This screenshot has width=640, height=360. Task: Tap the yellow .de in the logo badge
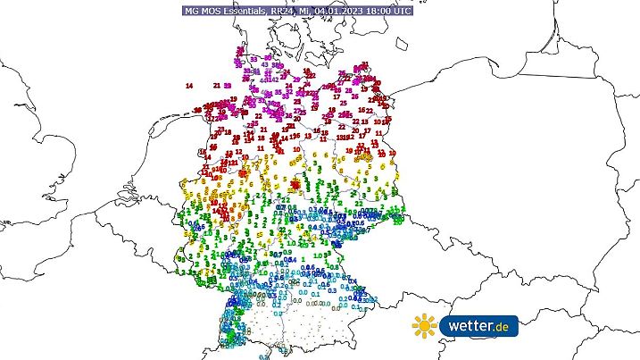(503, 328)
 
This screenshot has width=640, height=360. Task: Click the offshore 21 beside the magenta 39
(218, 85)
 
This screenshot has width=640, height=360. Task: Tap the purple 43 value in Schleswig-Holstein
(266, 64)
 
